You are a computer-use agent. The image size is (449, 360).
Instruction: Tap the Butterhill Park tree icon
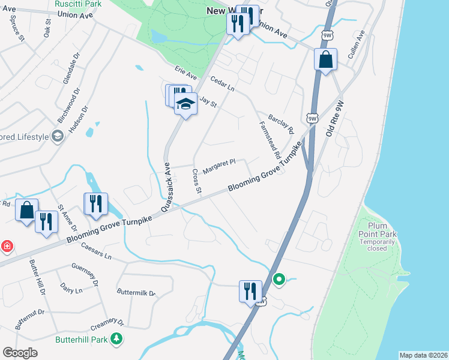[x=117, y=340]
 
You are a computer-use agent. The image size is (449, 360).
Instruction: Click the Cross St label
[x=196, y=181]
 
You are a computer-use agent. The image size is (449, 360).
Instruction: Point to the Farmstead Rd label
[x=270, y=140]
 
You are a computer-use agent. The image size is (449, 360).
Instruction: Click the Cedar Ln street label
[x=222, y=84]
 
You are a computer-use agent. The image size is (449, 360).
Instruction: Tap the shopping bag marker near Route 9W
[x=325, y=59]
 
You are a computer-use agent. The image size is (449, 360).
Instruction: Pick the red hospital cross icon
[x=6, y=246]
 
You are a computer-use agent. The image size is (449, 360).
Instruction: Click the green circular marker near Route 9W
[x=279, y=279]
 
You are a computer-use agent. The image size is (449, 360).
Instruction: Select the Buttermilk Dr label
[x=136, y=293]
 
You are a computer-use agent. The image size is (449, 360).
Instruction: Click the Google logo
[x=20, y=352]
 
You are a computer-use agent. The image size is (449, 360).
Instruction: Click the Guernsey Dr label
[x=84, y=275]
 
